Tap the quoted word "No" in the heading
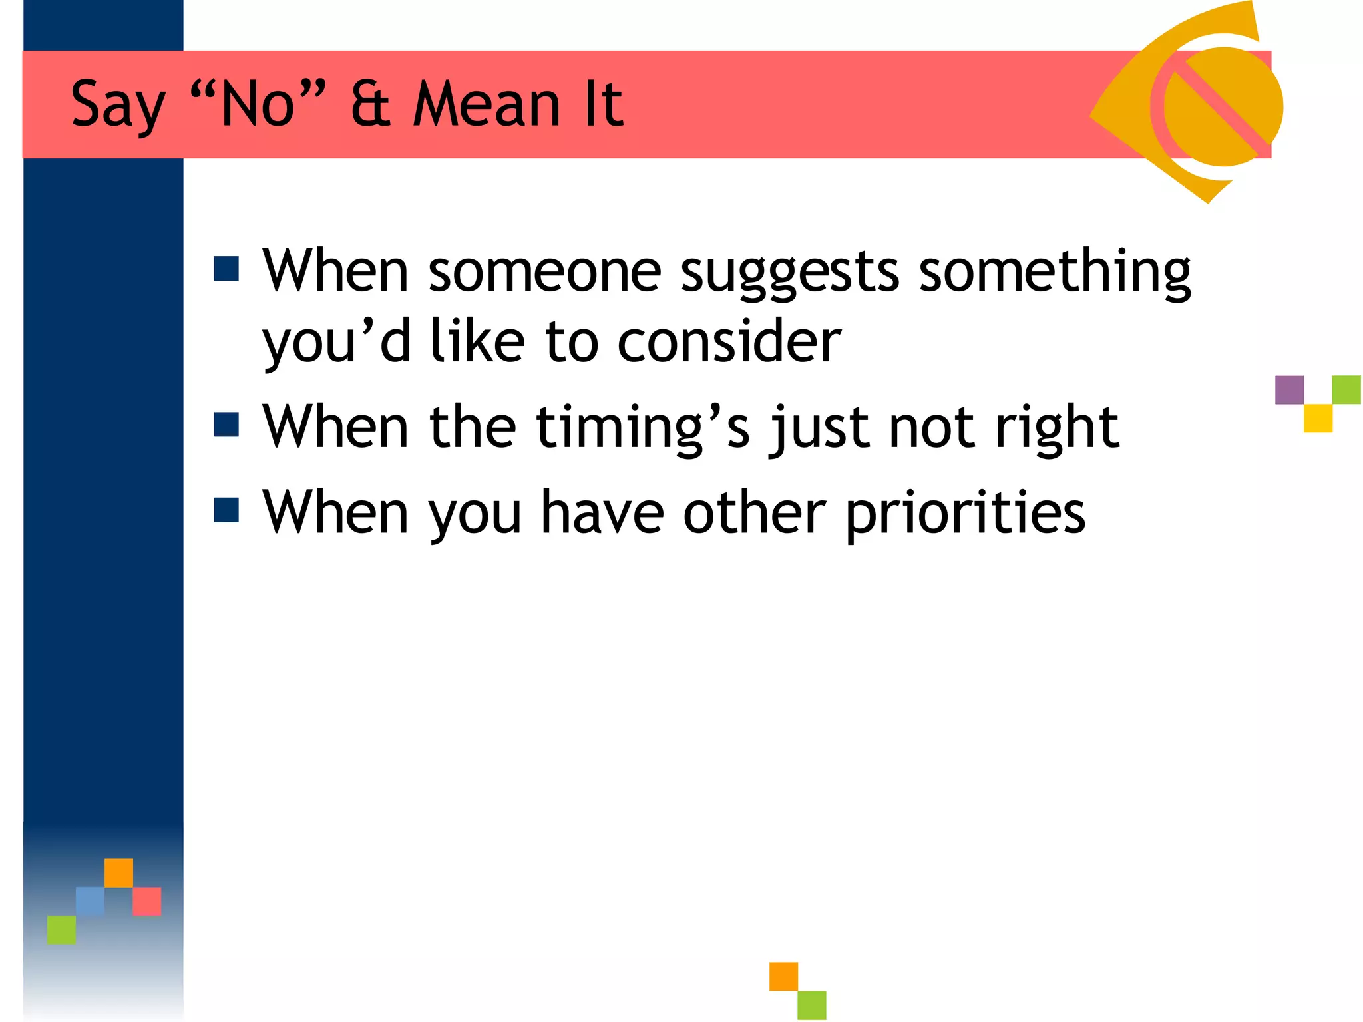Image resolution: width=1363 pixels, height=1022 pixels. pos(258,105)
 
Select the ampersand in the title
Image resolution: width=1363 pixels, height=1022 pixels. pos(371,105)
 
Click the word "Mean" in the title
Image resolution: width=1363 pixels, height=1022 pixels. pos(487,105)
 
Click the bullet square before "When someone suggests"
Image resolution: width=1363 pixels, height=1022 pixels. pos(226,269)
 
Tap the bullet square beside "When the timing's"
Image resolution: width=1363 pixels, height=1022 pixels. pos(226,425)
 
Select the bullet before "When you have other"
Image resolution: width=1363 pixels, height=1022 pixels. pos(226,510)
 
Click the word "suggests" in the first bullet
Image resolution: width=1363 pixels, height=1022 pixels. pos(790,273)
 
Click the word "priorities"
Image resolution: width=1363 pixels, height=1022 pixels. pos(965,514)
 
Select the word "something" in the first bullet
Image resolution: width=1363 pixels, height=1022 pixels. pos(1054,273)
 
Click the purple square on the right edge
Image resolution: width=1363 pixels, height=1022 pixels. pos(1289,390)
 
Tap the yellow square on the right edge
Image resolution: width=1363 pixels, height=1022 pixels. pos(1318,419)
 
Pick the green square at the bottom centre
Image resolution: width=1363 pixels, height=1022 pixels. pos(812,1005)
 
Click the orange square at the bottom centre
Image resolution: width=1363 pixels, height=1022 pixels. pos(783,976)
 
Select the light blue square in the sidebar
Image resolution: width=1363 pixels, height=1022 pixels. pos(90,901)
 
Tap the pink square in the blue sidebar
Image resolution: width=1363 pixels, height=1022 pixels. pos(147,901)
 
